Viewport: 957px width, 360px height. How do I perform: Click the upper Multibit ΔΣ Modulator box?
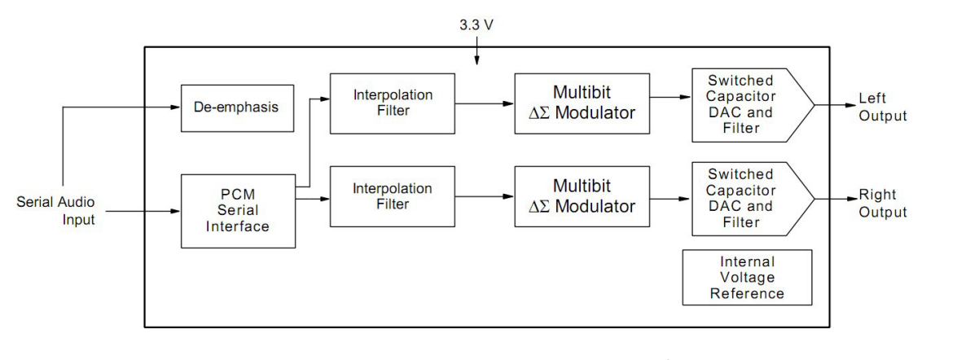coord(582,103)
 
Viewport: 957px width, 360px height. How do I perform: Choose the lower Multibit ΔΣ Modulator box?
coord(582,195)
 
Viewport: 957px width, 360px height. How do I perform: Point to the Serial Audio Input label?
coord(53,211)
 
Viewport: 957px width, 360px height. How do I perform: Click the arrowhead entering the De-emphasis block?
coord(175,108)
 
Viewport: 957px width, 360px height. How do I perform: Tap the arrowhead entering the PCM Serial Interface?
coord(175,212)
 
